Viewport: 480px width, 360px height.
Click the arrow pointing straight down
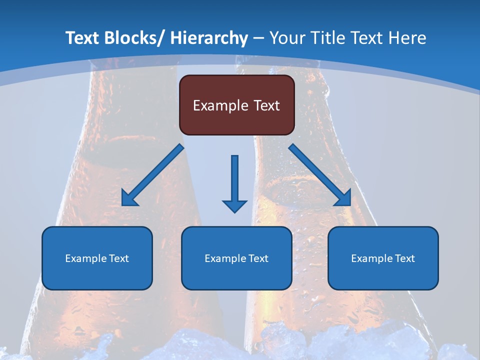pos(234,180)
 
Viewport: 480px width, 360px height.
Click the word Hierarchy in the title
pos(209,38)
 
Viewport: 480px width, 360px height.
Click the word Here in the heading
pos(407,38)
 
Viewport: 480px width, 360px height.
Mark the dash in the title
pos(258,38)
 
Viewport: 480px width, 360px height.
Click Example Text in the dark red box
pos(236,105)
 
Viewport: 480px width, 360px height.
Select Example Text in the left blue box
pos(97,258)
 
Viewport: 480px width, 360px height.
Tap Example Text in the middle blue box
pos(236,258)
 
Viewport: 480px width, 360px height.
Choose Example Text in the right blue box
pos(383,258)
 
